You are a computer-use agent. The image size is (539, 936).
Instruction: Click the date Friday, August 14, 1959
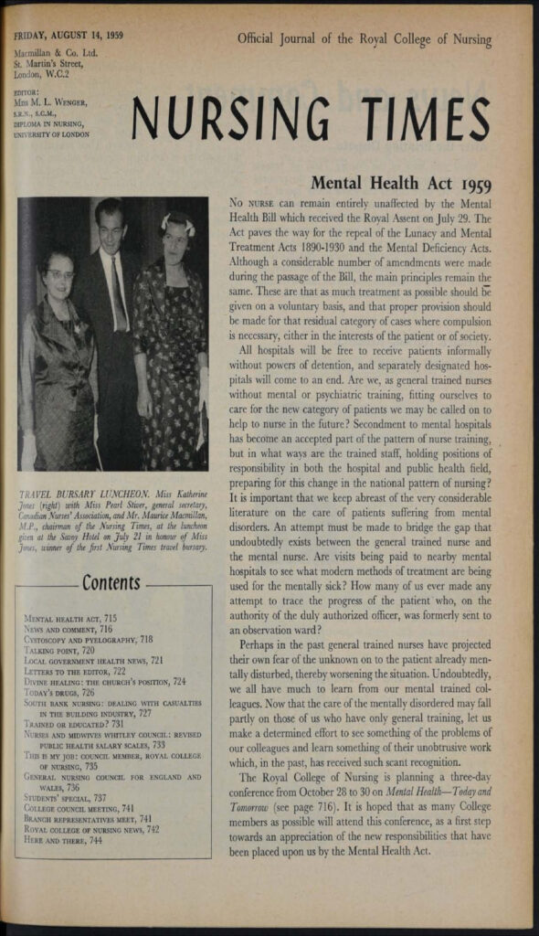click(x=69, y=37)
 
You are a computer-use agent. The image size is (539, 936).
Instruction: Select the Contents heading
click(x=111, y=582)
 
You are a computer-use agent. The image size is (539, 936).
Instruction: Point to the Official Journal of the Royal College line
click(x=364, y=39)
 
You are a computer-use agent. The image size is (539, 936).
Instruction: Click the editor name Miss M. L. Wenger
click(x=57, y=102)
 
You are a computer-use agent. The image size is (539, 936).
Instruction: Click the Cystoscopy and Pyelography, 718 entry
click(x=89, y=640)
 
